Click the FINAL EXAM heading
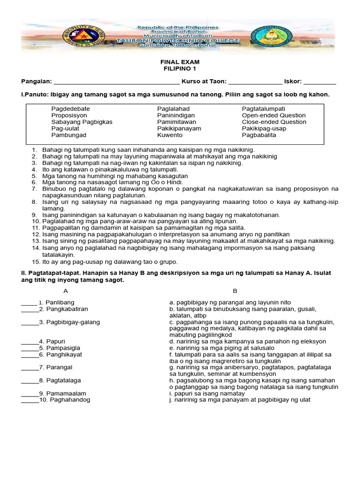pyautogui.click(x=180, y=62)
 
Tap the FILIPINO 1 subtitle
pyautogui.click(x=180, y=68)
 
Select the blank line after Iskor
pyautogui.click(x=320, y=82)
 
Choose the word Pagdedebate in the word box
pyautogui.click(x=70, y=109)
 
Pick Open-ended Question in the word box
pyautogui.click(x=274, y=115)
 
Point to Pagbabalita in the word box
pyautogui.click(x=259, y=135)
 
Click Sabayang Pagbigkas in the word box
pyautogui.click(x=82, y=122)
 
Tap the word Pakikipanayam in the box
pyautogui.click(x=179, y=128)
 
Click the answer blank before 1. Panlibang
pyautogui.click(x=29, y=303)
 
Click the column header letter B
pyautogui.click(x=235, y=291)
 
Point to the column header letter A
pyautogui.click(x=66, y=291)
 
